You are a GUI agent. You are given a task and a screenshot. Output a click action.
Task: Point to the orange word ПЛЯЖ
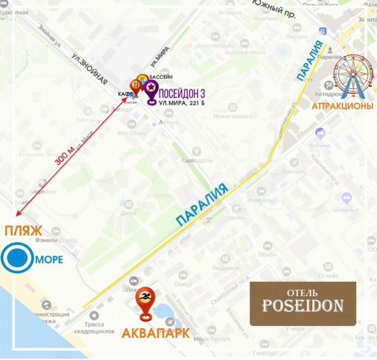[23, 231]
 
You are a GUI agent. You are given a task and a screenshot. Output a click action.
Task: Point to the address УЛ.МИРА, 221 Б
[182, 103]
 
